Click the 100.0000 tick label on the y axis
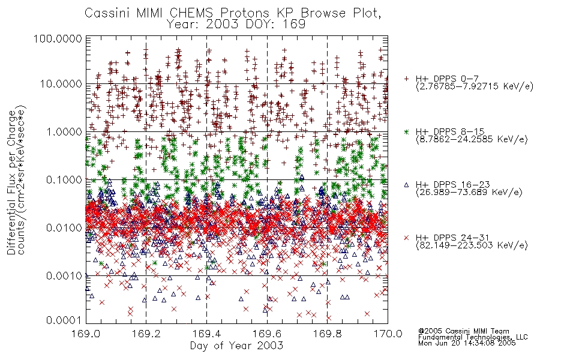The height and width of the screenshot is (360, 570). pos(58,38)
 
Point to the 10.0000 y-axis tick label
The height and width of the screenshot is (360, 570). pos(61,84)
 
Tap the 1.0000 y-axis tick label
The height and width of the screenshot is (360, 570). pos(64,131)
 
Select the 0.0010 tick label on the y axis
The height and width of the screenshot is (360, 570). pos(64,275)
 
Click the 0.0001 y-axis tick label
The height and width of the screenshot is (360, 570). pos(64,320)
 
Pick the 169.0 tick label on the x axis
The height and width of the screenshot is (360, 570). pos(86,334)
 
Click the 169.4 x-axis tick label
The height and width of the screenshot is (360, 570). pos(206,334)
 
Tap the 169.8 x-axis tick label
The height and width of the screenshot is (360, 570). pos(327,334)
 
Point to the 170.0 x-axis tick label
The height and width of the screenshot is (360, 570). pos(388,334)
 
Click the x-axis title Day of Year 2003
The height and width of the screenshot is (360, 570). pos(236,346)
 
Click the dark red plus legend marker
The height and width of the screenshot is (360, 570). pos(406,79)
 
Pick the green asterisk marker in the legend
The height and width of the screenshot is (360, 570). pos(406,131)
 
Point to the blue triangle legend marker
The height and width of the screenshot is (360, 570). pos(406,185)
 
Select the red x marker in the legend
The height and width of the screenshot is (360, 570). pos(406,238)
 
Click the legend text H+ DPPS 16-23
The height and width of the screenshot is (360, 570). pos(452,185)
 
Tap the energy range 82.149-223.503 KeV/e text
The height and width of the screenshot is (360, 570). pos(472,245)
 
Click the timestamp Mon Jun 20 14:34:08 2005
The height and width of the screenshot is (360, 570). pos(467,343)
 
